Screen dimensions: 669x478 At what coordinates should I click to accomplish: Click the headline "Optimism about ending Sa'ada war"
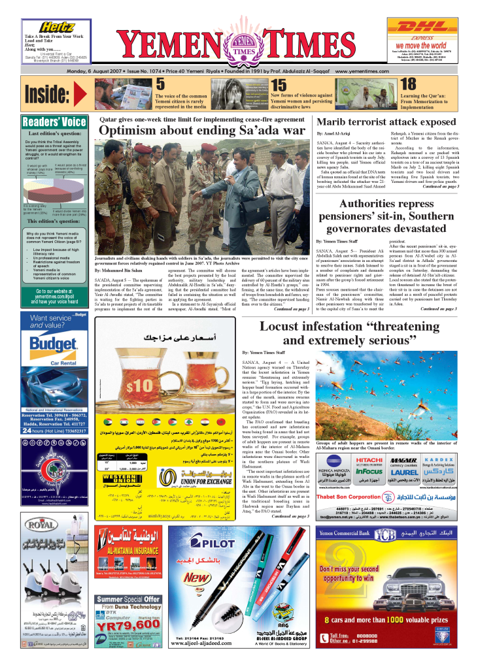coord(202,131)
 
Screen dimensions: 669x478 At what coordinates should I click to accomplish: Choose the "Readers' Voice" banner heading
coord(54,122)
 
